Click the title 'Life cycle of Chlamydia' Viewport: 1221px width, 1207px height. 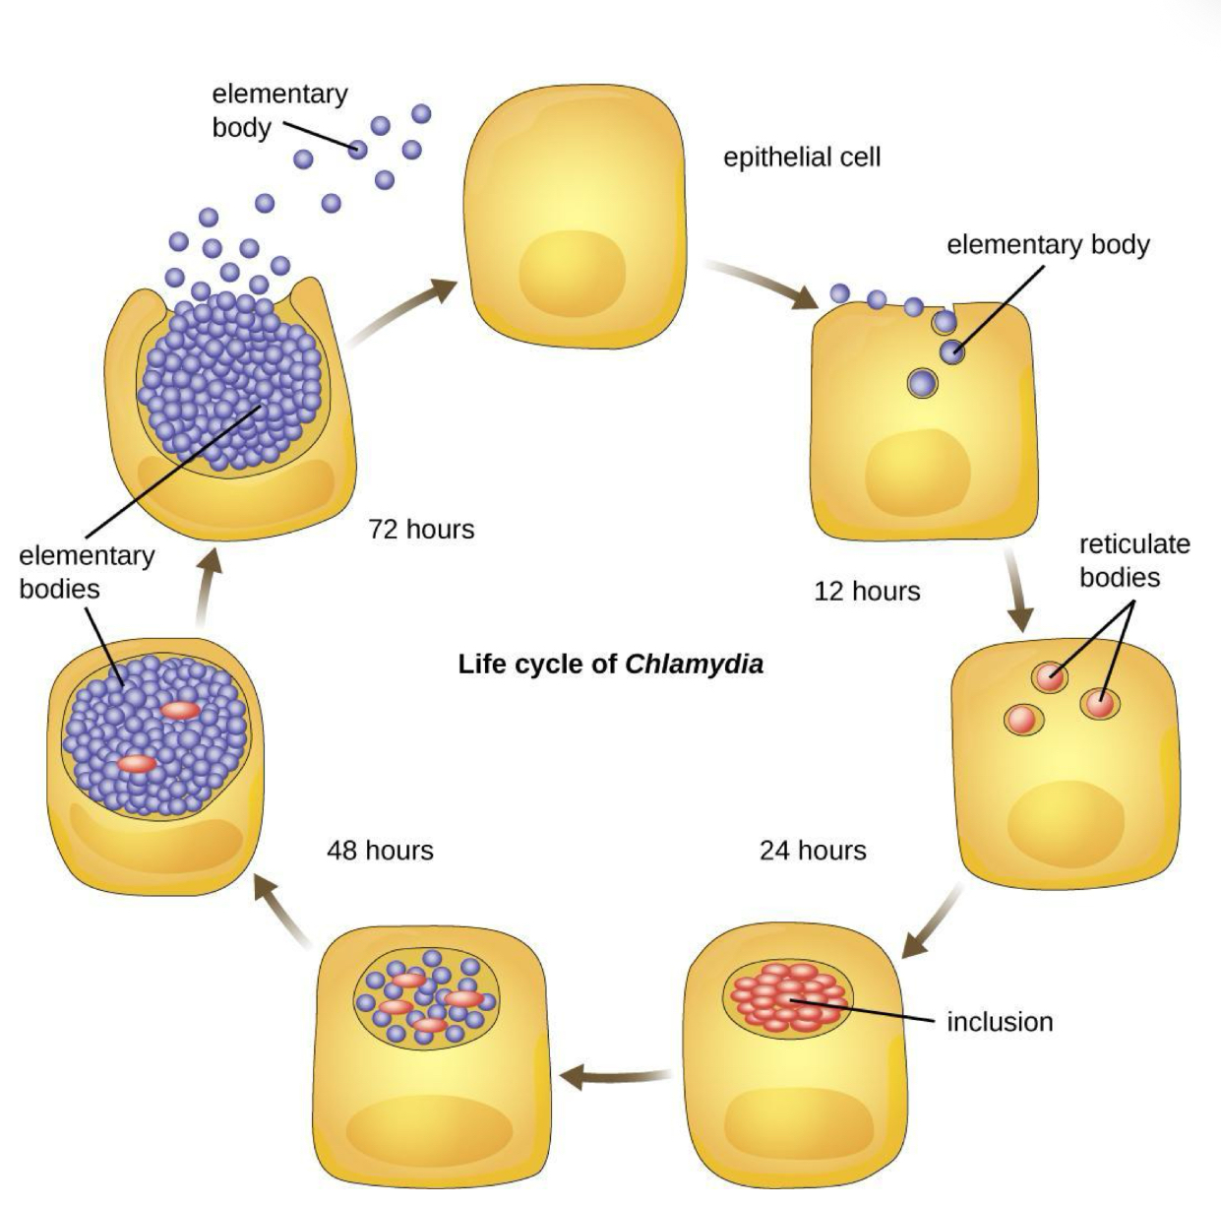click(610, 664)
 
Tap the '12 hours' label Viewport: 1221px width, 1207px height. click(867, 591)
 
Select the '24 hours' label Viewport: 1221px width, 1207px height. click(813, 850)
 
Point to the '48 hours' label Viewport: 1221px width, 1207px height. click(380, 850)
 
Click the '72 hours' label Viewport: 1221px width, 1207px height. click(421, 529)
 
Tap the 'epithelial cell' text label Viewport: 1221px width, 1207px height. click(802, 157)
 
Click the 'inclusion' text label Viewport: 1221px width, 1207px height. click(1000, 1022)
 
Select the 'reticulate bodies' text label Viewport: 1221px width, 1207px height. click(1134, 559)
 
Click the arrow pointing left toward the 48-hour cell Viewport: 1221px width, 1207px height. click(615, 1076)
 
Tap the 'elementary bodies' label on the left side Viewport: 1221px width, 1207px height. click(87, 572)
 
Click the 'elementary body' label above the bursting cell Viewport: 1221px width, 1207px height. click(279, 110)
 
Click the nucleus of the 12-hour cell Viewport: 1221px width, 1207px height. click(917, 474)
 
